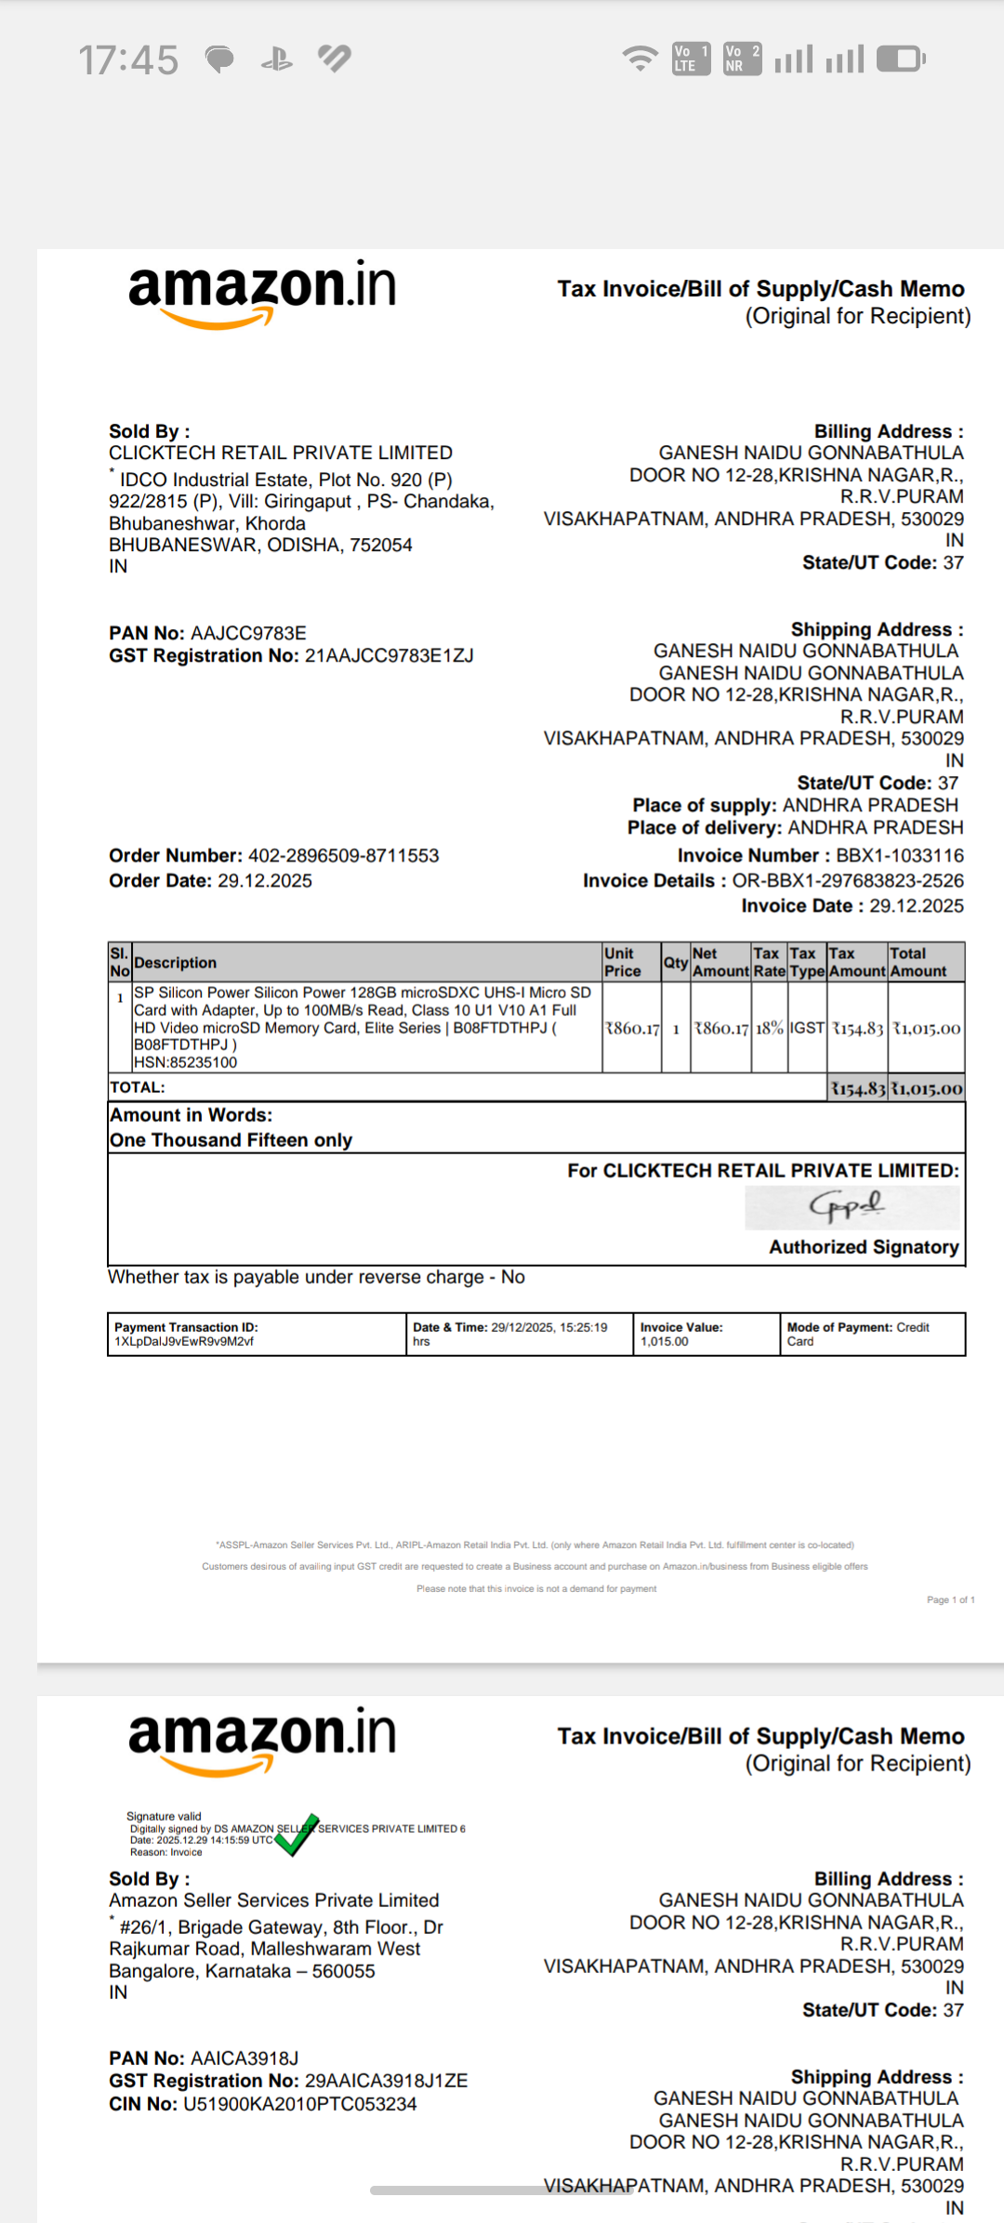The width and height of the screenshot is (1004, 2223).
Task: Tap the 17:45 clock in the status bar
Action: click(128, 60)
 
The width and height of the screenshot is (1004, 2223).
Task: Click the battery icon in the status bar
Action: click(900, 59)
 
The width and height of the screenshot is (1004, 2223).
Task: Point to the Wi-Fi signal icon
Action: click(640, 59)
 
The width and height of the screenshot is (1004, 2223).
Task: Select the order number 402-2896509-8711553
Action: click(343, 855)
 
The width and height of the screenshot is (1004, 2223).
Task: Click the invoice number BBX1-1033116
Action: click(899, 855)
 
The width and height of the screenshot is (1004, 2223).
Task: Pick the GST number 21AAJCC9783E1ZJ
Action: click(389, 655)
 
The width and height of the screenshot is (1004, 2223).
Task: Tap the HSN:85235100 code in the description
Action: click(185, 1062)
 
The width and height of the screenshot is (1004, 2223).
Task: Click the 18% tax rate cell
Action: click(769, 1028)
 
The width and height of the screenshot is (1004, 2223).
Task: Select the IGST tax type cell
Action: click(807, 1028)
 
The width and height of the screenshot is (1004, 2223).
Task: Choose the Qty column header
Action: click(675, 962)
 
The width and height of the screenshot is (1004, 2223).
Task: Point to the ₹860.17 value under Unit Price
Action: click(632, 1028)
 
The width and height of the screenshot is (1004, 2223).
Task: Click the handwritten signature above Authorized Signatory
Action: click(848, 1206)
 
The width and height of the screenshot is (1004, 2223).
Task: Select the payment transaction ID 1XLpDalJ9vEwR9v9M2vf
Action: click(184, 1341)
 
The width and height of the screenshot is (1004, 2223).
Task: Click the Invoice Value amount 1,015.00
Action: click(664, 1341)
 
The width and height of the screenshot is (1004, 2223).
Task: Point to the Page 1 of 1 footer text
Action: click(950, 1599)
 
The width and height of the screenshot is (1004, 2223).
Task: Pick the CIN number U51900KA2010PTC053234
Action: click(299, 2103)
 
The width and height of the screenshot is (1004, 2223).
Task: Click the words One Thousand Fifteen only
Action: click(231, 1139)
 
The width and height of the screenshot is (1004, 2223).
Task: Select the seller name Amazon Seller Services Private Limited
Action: click(273, 1900)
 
